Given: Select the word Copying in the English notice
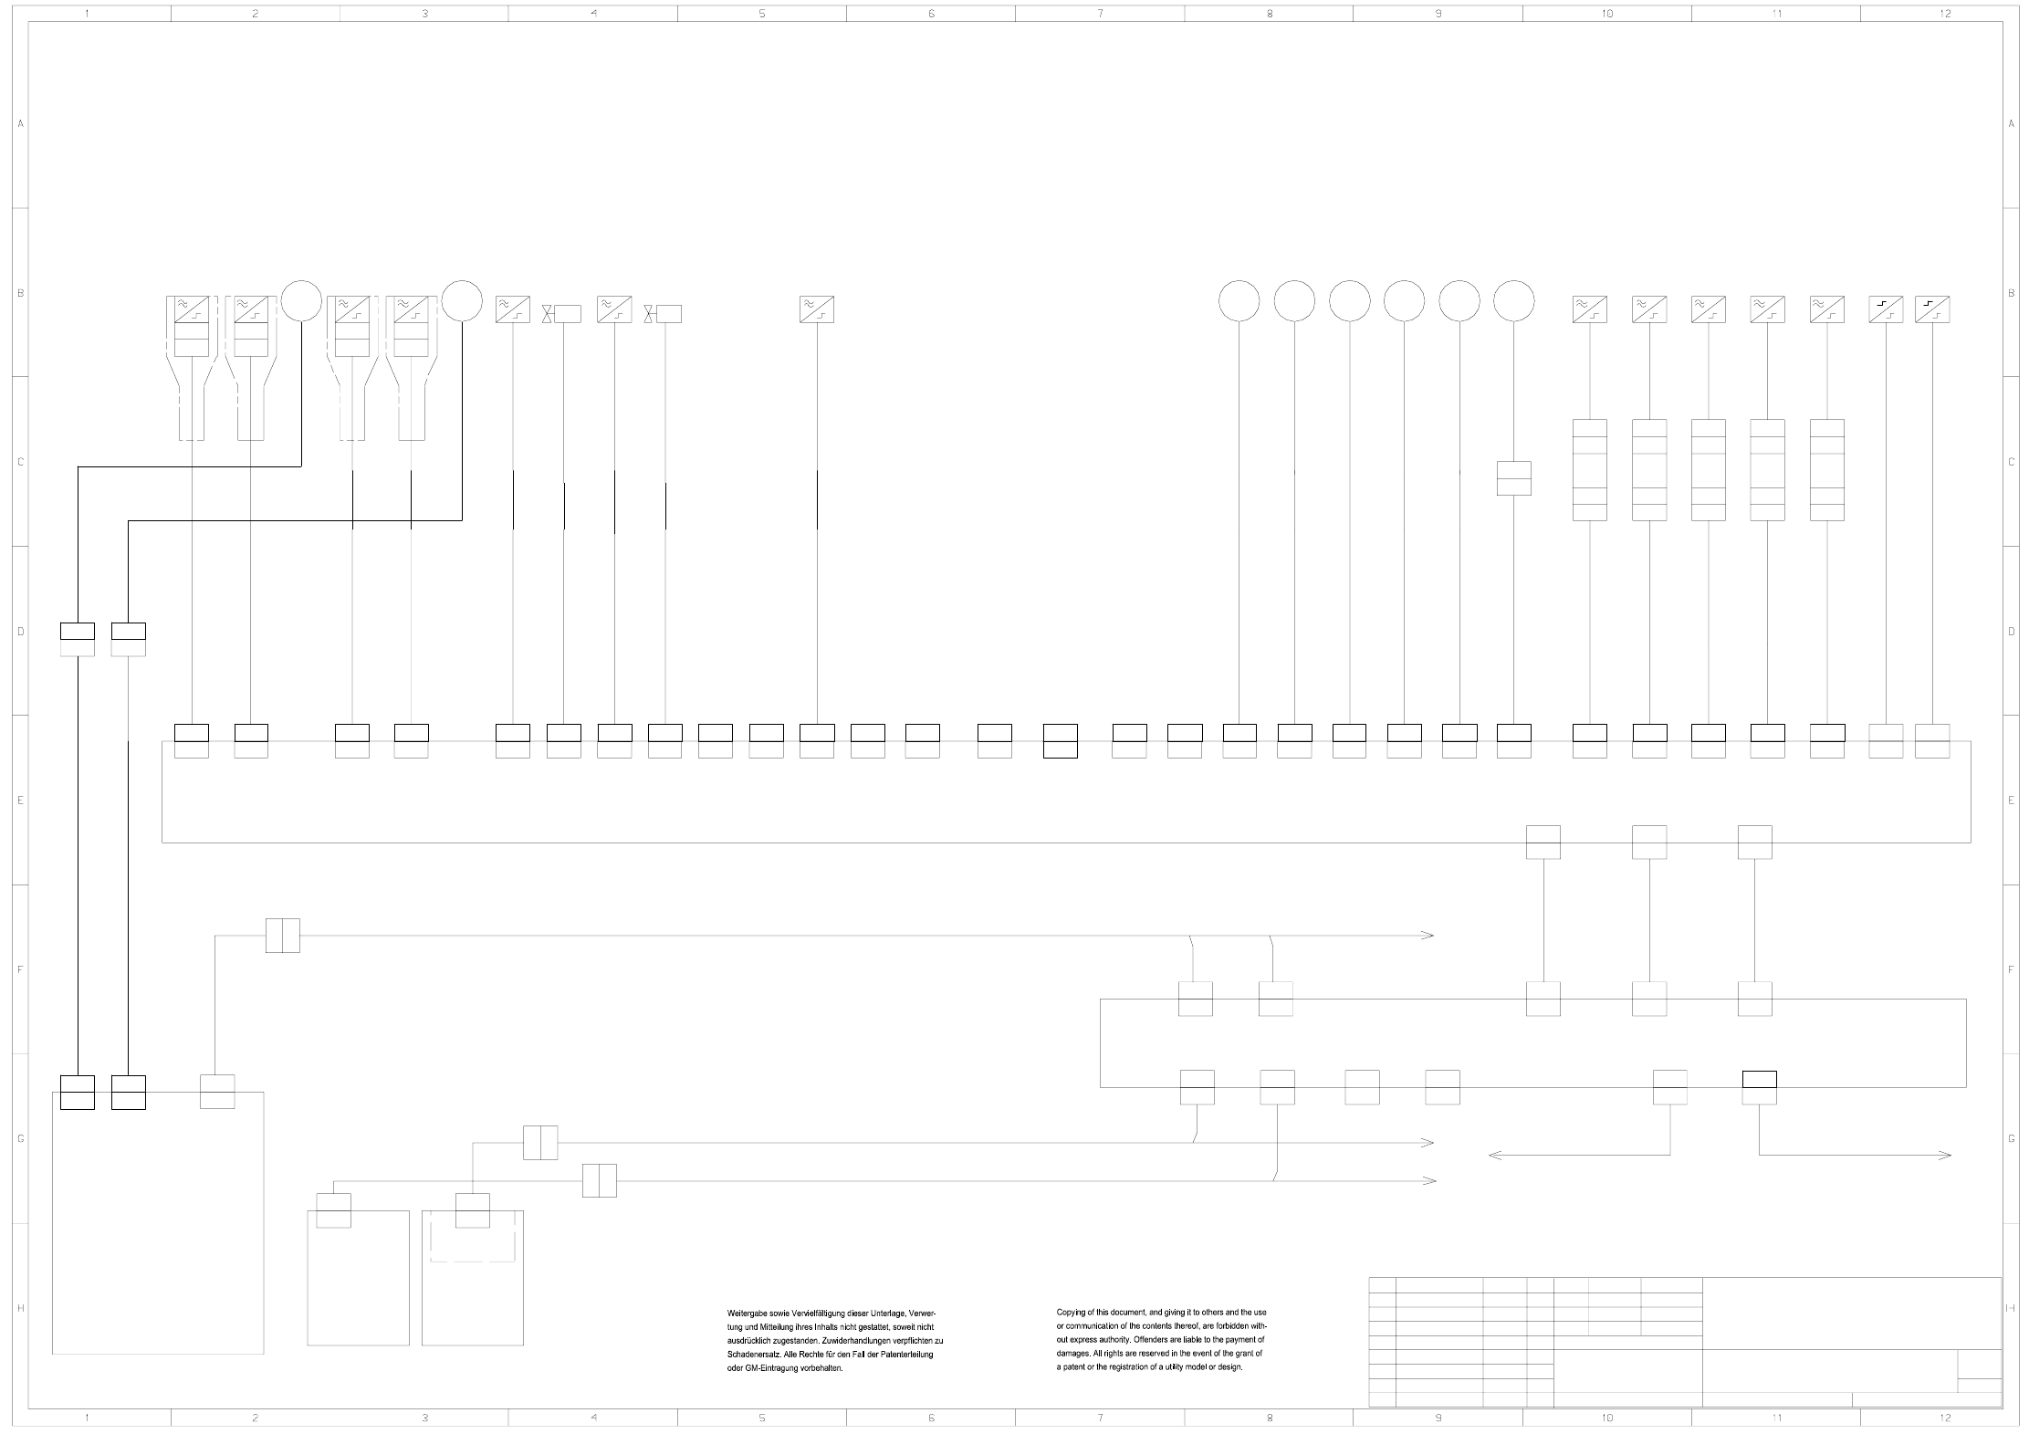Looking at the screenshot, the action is (x=1072, y=1313).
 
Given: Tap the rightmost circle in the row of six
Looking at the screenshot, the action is (x=1513, y=300).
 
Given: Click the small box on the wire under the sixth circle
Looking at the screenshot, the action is (x=1513, y=478).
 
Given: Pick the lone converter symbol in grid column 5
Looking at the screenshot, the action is (x=816, y=309).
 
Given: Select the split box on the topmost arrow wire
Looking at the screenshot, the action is (x=282, y=936).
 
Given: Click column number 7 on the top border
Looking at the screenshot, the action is (x=1100, y=14).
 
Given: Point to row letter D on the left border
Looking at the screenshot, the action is (x=20, y=632).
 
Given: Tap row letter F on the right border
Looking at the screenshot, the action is (x=2011, y=969).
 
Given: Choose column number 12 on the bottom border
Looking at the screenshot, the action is (x=1944, y=1418).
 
